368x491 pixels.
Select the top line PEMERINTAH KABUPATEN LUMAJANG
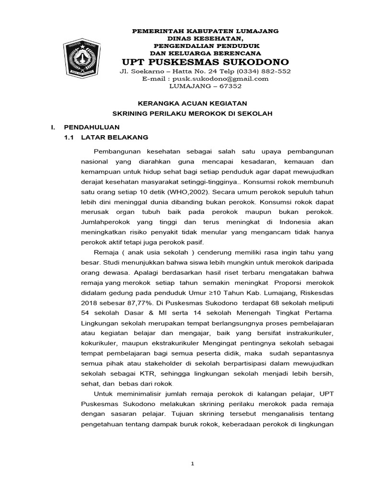pos(206,31)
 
